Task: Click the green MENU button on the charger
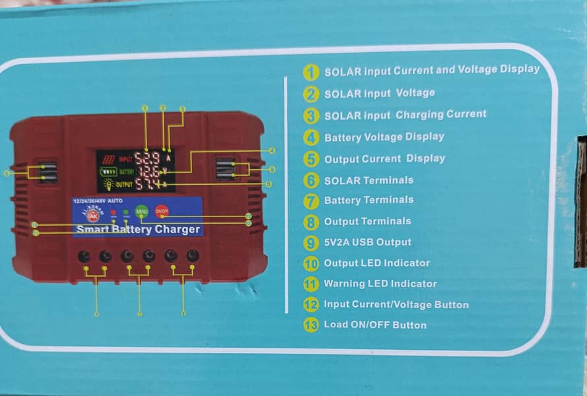click(x=141, y=212)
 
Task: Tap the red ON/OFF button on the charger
click(x=161, y=211)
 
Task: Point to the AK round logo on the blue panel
click(x=92, y=214)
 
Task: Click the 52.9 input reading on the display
click(x=147, y=158)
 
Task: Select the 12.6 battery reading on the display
click(x=147, y=172)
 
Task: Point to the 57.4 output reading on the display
click(x=147, y=184)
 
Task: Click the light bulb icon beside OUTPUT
click(x=108, y=184)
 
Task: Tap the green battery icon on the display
click(x=108, y=172)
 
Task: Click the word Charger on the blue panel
click(x=177, y=230)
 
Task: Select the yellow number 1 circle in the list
click(x=311, y=71)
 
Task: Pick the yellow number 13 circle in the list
click(x=311, y=325)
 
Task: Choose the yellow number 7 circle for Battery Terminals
click(x=311, y=200)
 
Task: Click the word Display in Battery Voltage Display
click(x=422, y=137)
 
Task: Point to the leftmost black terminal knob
click(x=85, y=256)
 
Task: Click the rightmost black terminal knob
click(x=193, y=255)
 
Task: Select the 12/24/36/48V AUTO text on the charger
click(x=98, y=200)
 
